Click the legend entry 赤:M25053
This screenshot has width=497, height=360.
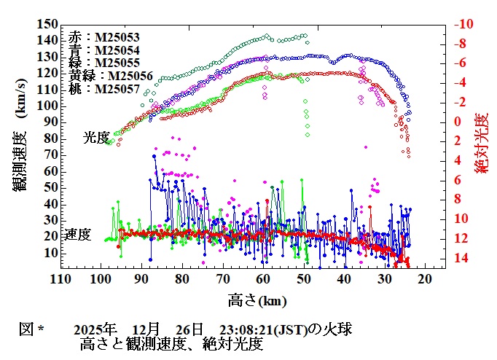pos(105,36)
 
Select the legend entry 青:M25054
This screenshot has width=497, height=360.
pos(105,50)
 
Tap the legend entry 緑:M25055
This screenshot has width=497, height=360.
pos(105,63)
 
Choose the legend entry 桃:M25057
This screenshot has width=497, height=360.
pos(105,88)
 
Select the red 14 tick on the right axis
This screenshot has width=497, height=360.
pos(460,258)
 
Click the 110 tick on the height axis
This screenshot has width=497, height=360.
pos(60,280)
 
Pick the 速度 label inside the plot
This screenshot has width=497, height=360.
pos(79,235)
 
